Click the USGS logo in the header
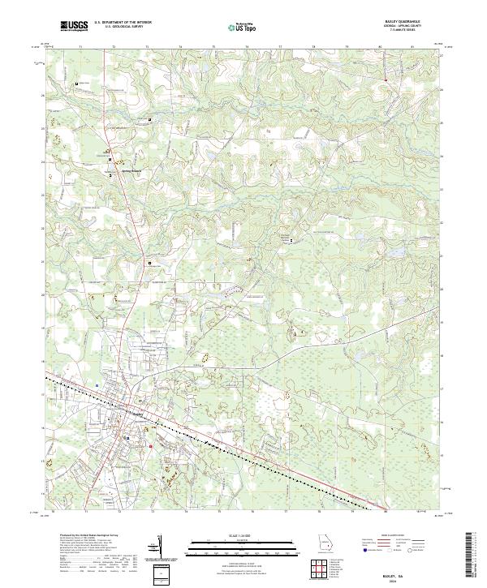(x=75, y=26)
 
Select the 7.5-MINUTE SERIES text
(x=408, y=32)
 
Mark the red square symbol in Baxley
(x=151, y=445)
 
